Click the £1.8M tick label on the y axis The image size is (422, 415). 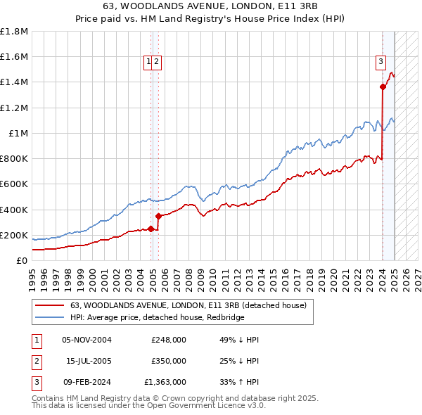click(14, 32)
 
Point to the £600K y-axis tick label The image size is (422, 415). click(14, 184)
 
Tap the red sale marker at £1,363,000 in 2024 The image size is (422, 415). click(383, 87)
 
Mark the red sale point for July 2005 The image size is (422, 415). click(158, 216)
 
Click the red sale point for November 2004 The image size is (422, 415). click(151, 229)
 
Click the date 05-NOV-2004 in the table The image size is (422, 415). click(87, 340)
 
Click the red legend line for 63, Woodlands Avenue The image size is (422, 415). click(49, 306)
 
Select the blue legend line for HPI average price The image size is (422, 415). click(49, 318)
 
